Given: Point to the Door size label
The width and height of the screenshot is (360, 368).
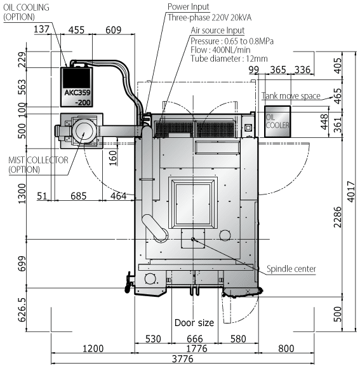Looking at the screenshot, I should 194,322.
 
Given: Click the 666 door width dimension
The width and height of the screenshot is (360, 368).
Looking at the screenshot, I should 195,340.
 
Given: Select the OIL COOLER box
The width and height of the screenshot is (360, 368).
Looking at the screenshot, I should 277,121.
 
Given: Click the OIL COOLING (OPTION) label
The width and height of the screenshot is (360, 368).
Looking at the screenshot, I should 24,12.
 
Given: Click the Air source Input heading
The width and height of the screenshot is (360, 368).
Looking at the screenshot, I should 218,30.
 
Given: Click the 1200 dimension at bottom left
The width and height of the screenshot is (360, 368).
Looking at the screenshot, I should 93,348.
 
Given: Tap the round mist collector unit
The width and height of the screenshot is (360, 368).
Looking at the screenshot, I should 82,132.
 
